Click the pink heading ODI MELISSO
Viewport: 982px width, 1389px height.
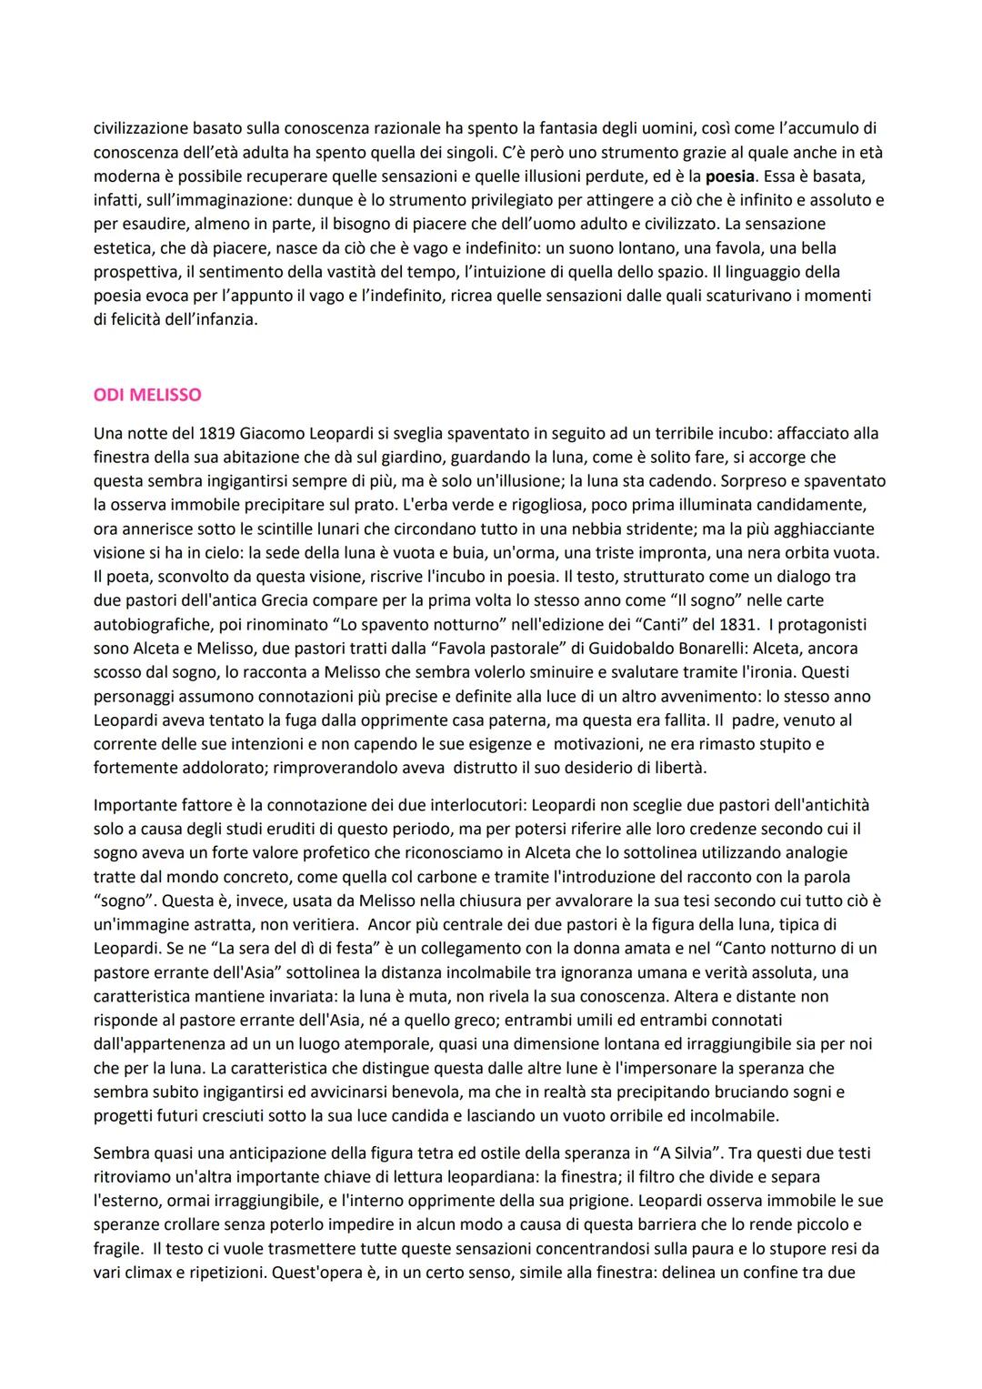point(147,395)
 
